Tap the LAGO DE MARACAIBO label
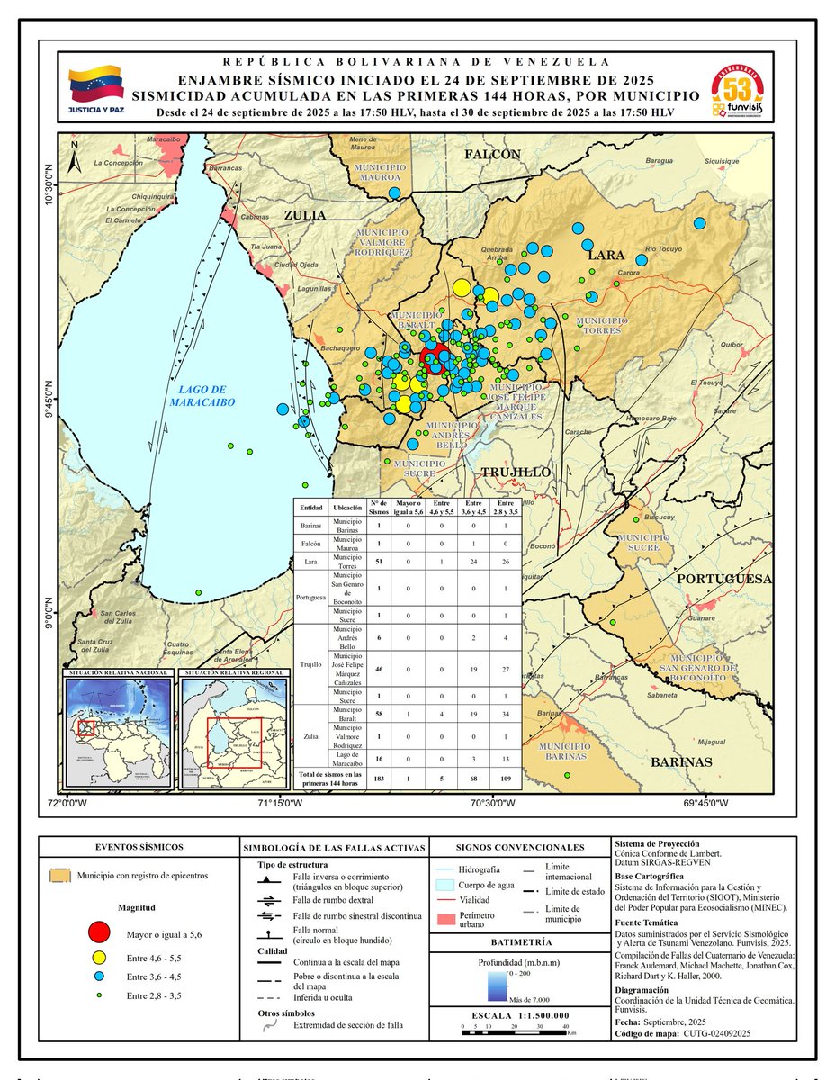click(202, 397)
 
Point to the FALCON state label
click(492, 155)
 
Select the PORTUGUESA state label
click(724, 579)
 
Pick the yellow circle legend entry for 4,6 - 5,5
click(100, 956)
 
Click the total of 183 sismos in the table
click(379, 778)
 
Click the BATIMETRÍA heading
click(515, 942)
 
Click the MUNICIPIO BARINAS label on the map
click(565, 751)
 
